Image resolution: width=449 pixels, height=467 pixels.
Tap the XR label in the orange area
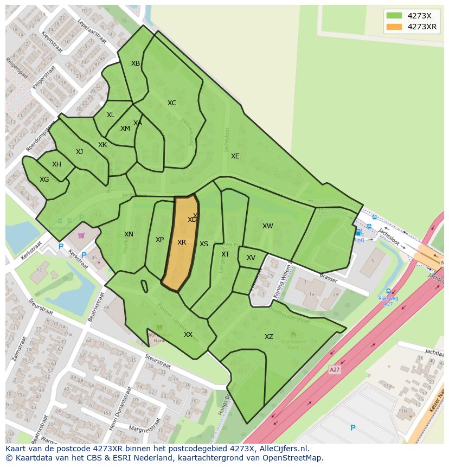point(182,242)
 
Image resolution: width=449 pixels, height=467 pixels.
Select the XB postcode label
point(136,63)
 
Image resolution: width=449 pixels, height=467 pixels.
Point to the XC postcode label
point(172,103)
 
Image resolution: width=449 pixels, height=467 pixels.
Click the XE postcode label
point(235,156)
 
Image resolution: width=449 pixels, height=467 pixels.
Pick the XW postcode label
point(268,226)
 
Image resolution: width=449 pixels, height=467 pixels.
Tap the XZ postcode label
point(269,337)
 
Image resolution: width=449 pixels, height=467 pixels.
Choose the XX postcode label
point(188,335)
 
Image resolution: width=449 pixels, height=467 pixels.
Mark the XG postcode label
point(44,180)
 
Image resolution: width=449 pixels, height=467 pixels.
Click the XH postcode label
point(56,164)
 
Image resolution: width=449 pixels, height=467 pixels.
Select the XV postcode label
point(251,258)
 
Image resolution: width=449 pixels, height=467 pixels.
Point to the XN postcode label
point(129,234)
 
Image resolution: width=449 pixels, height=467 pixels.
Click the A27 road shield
point(335,369)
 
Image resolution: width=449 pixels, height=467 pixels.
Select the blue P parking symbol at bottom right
point(352,428)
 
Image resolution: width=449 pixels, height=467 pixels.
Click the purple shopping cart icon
point(81,235)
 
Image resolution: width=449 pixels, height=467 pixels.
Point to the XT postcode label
point(226,254)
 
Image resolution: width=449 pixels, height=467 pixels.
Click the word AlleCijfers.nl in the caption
point(283,449)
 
